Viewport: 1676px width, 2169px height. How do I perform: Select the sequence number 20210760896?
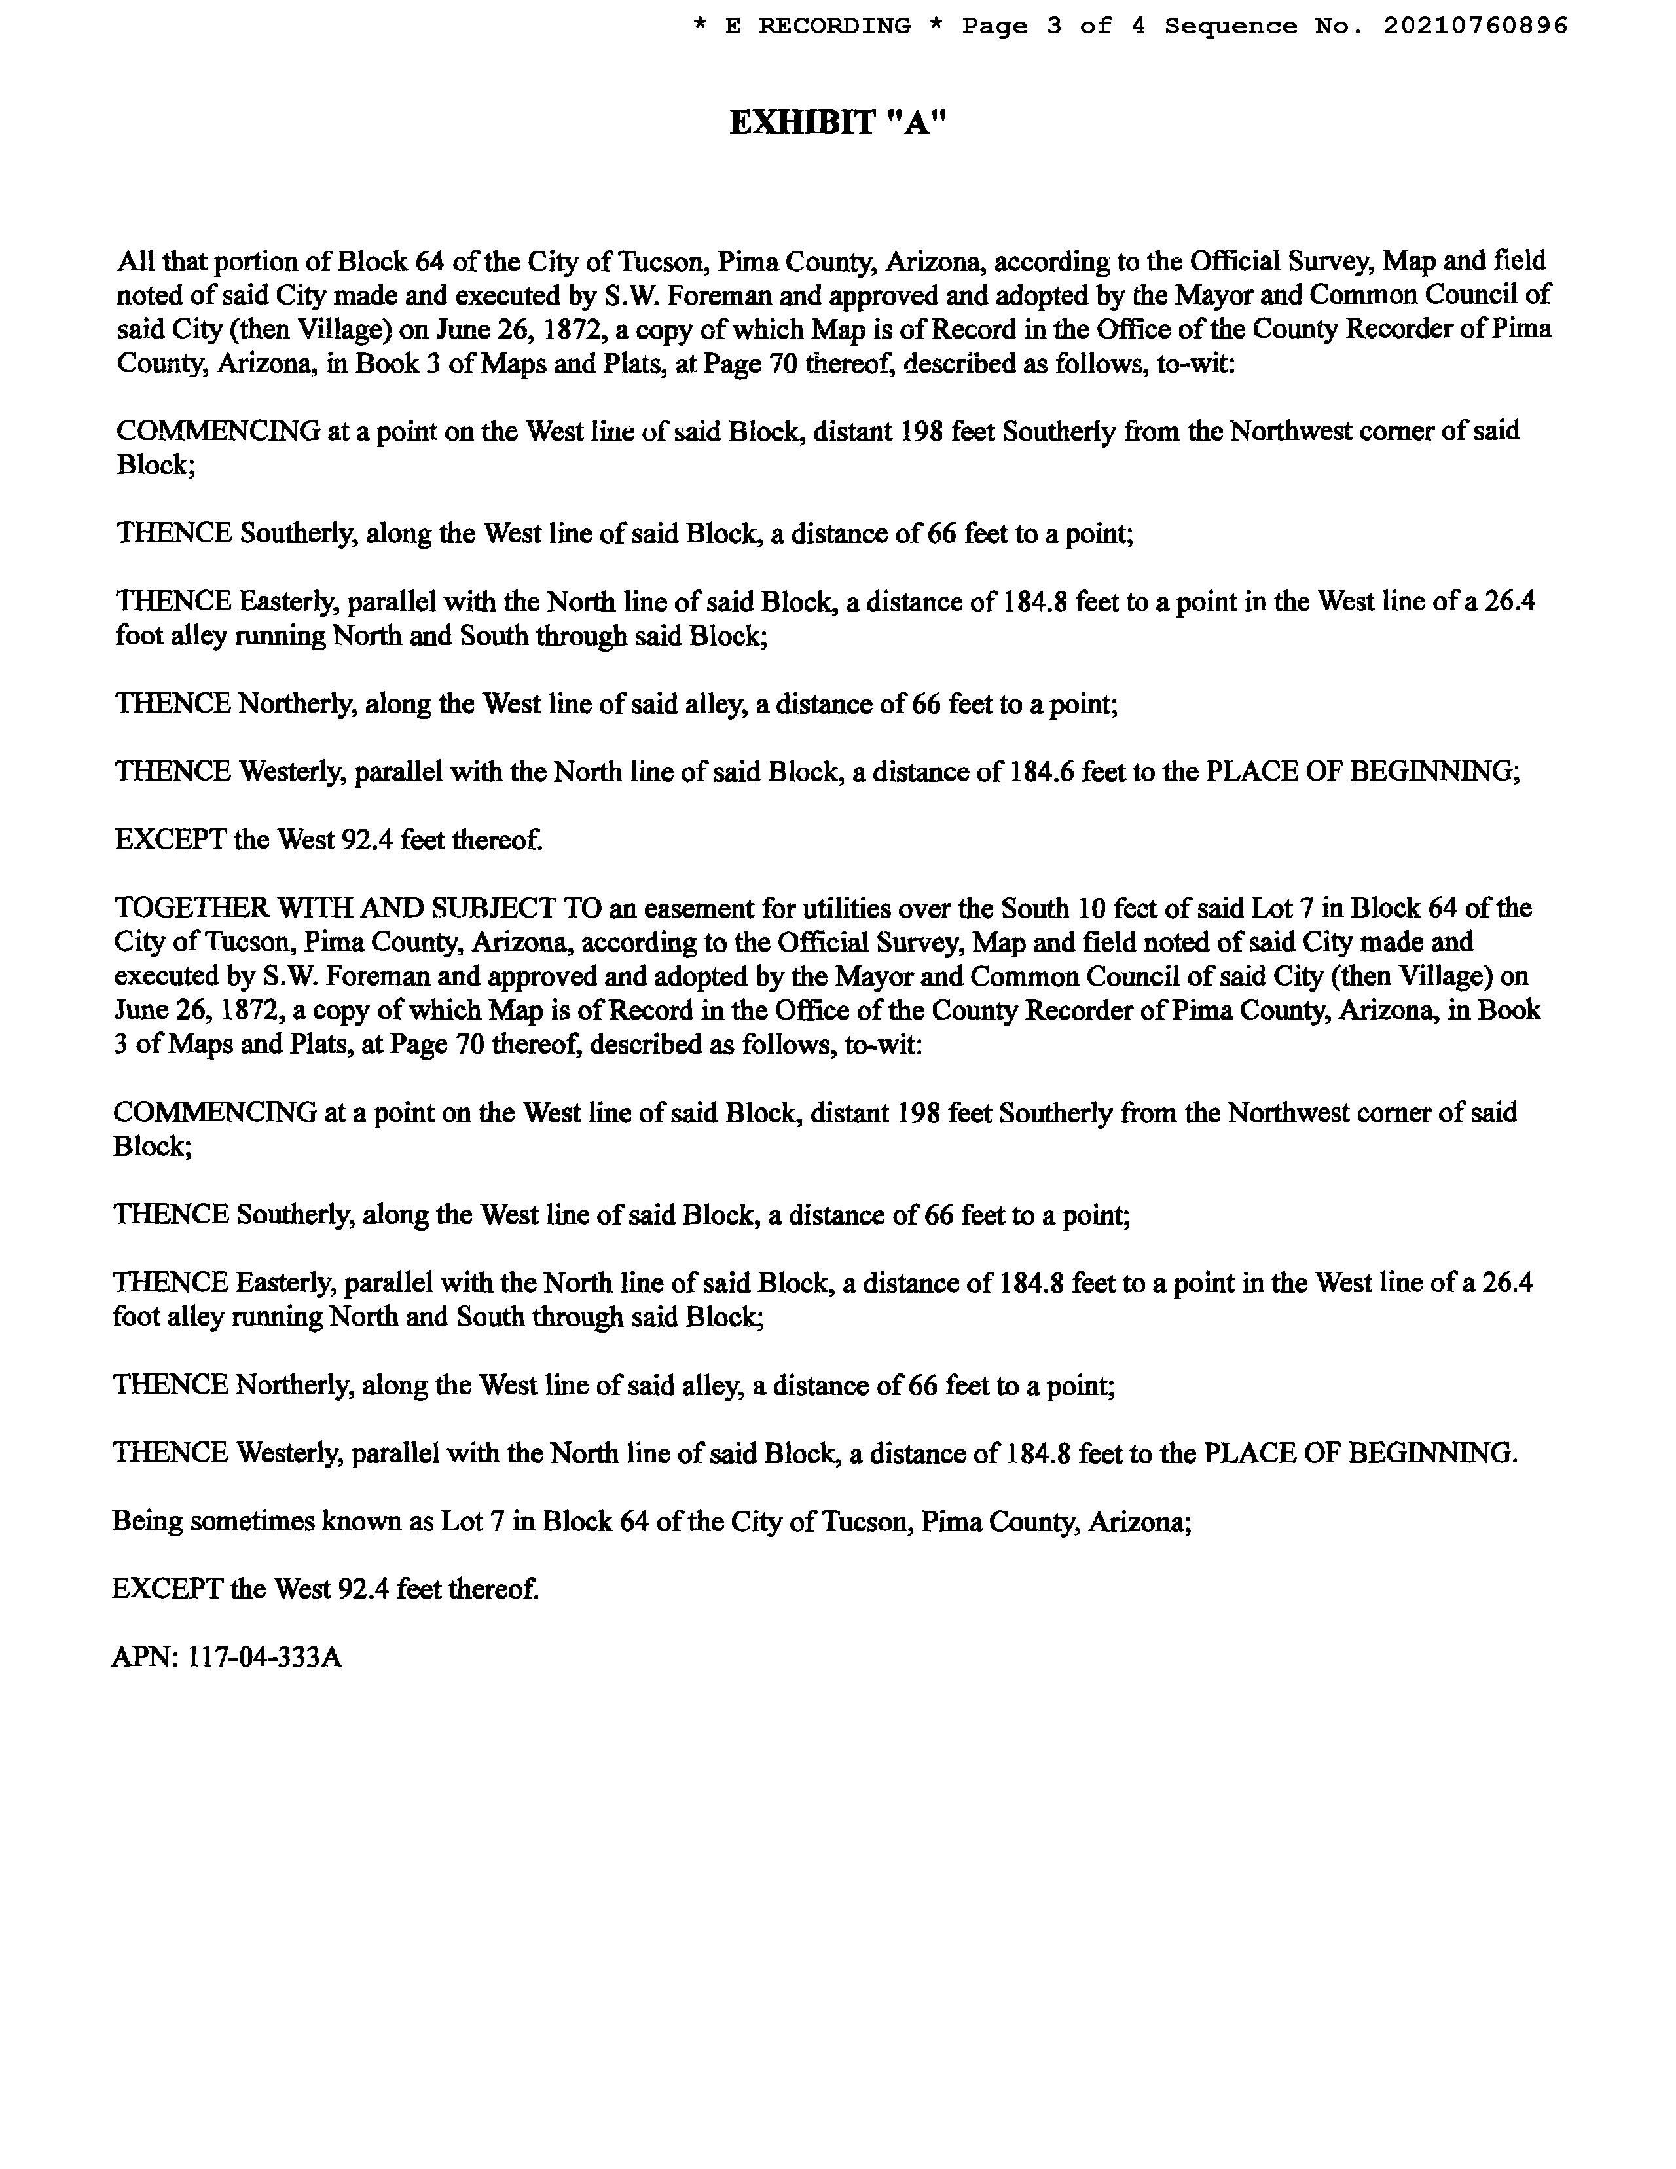(x=1474, y=26)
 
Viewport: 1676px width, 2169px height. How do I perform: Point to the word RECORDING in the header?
(x=834, y=26)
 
